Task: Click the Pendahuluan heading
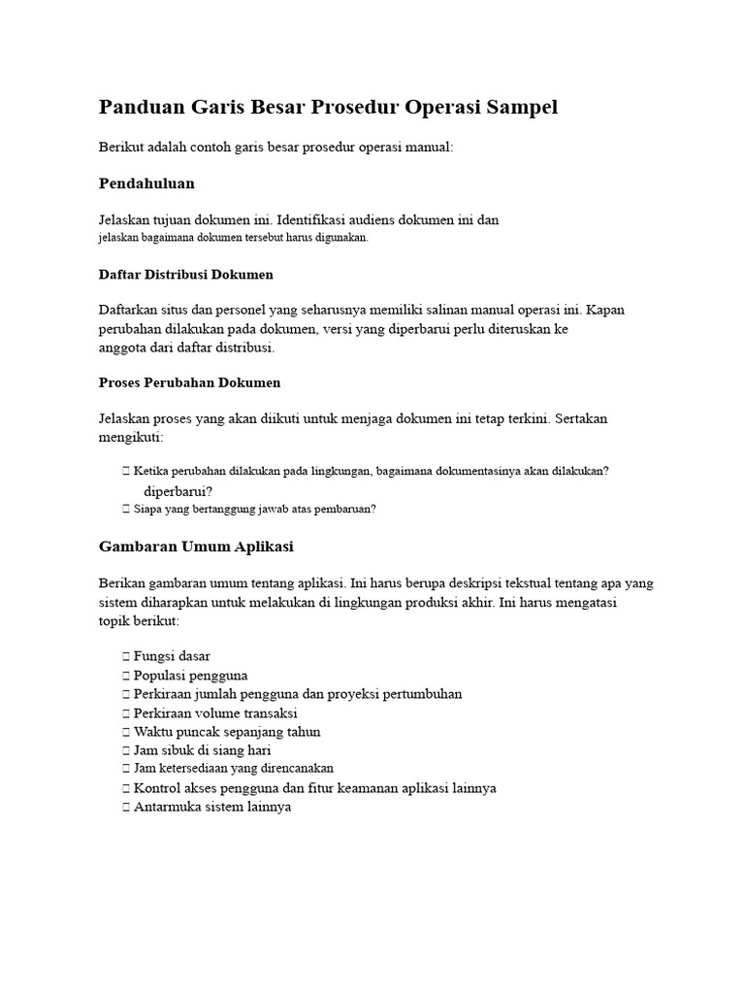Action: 146,182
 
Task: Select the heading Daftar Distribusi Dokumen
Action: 186,275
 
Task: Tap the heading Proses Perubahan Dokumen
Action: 189,382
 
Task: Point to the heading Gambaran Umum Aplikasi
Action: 196,547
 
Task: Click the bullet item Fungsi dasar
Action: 172,656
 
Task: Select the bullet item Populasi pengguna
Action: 190,675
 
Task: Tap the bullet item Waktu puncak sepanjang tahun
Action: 227,731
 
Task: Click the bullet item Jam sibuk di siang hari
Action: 203,749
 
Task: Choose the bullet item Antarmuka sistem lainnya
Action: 212,807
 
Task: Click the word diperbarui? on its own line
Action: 178,491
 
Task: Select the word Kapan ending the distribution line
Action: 606,310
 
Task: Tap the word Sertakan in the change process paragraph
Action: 581,418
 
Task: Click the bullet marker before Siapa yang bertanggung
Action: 126,509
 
